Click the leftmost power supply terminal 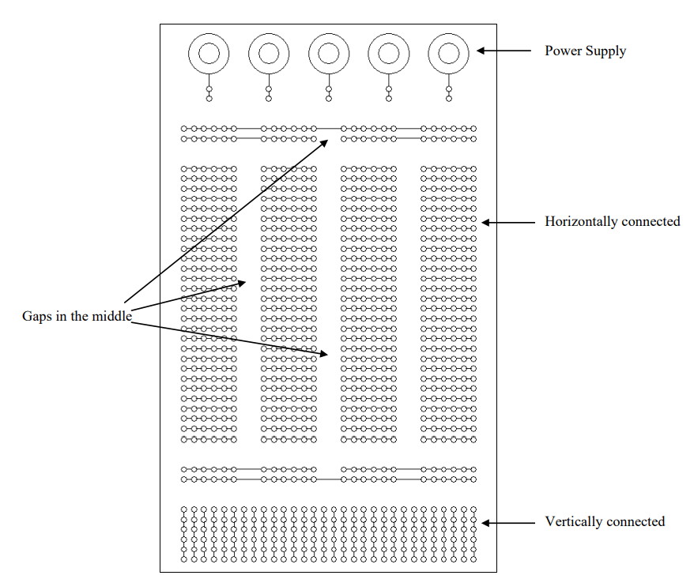(209, 54)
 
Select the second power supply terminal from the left (269, 54)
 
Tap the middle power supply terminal (329, 54)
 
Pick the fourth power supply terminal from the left (389, 54)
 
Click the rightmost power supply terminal (449, 54)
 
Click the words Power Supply (585, 51)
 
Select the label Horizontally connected (612, 221)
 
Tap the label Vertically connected (605, 521)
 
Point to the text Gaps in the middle (76, 316)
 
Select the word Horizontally (581, 221)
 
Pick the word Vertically (574, 521)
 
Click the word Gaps (37, 316)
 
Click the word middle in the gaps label (111, 316)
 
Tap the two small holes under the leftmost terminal (209, 94)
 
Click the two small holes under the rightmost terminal (449, 94)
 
